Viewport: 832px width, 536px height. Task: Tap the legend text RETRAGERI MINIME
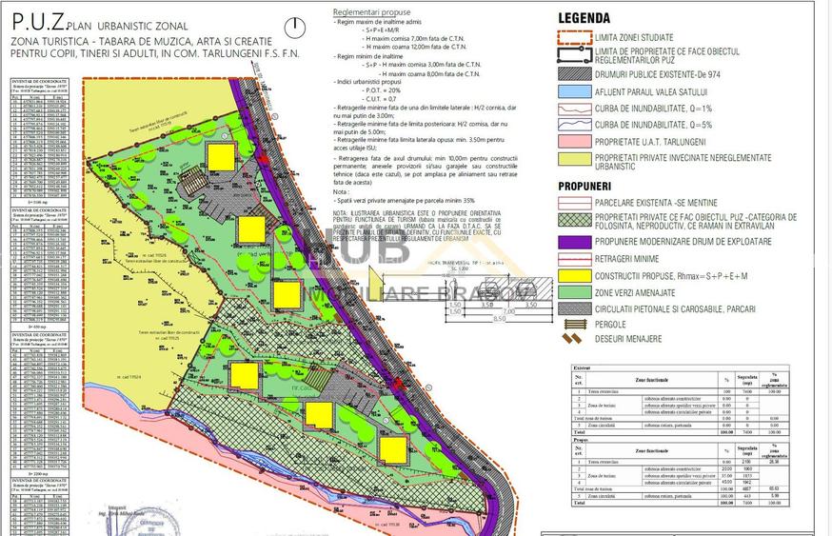pos(628,259)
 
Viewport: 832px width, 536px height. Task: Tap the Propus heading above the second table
pos(581,441)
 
